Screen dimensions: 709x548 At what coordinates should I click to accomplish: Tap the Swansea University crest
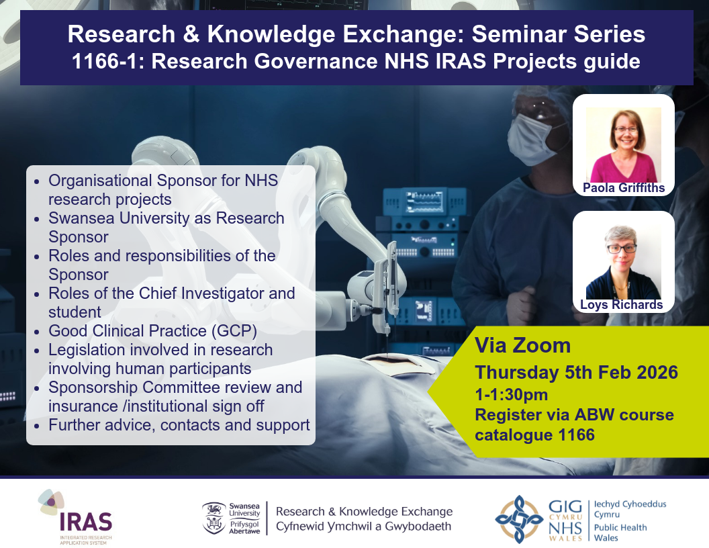214,518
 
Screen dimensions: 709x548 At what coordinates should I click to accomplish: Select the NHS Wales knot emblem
519,519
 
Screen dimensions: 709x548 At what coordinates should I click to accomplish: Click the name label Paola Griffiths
624,187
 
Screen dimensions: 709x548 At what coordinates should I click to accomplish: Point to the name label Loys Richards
621,305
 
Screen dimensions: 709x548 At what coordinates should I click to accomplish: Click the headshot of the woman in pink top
624,144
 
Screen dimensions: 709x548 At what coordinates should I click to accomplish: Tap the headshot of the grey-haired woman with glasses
624,262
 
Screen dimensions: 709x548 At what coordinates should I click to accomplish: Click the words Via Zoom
522,346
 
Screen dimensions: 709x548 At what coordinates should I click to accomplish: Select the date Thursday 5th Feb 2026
577,373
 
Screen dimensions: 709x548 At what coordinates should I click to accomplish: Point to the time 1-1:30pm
512,395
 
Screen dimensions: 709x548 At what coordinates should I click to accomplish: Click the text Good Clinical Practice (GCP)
153,331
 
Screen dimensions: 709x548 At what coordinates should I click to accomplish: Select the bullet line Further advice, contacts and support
179,425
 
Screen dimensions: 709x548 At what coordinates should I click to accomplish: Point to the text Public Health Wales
620,533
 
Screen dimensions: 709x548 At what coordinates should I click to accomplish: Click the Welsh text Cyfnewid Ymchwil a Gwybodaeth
363,527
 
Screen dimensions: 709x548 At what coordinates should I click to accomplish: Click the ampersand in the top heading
191,34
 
